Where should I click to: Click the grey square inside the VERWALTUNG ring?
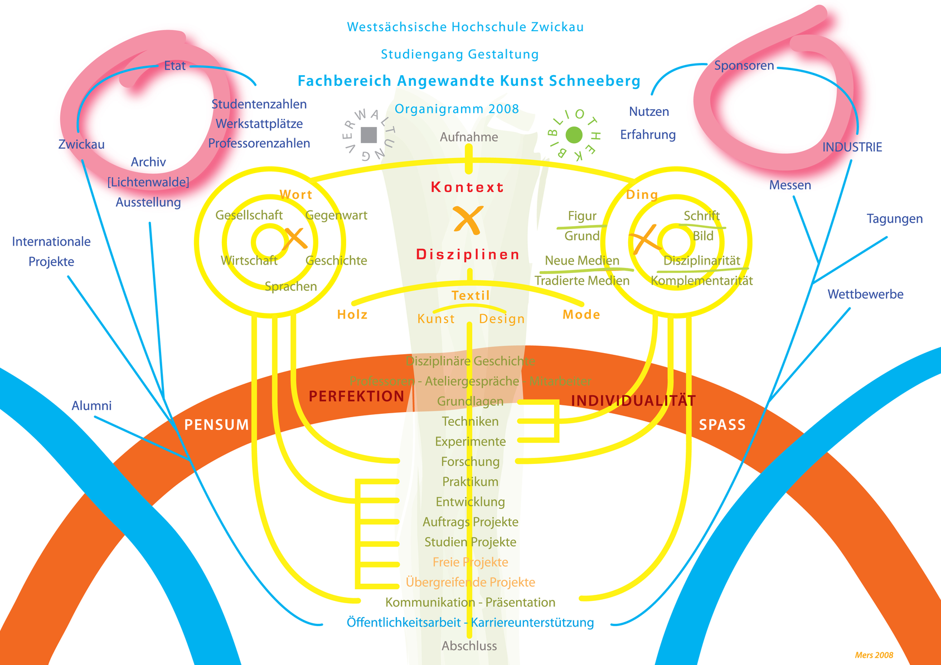[368, 135]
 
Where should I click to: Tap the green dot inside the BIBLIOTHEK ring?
[574, 135]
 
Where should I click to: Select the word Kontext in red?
[467, 187]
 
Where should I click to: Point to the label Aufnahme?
[469, 137]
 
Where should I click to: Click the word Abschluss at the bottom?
[469, 646]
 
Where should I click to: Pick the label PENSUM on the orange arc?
[217, 425]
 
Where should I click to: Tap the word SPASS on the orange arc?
[722, 425]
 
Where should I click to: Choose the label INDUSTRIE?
[852, 148]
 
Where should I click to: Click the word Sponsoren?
[744, 66]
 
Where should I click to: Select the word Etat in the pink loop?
[174, 66]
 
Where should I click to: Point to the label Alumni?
[91, 406]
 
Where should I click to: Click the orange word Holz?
[352, 315]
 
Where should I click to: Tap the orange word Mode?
[581, 315]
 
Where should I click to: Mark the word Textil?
[471, 296]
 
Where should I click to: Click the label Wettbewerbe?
[865, 295]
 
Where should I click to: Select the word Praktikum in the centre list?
[470, 482]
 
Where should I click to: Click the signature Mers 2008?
[874, 656]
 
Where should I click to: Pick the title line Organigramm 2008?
[457, 109]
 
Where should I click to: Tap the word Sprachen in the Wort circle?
[290, 287]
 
